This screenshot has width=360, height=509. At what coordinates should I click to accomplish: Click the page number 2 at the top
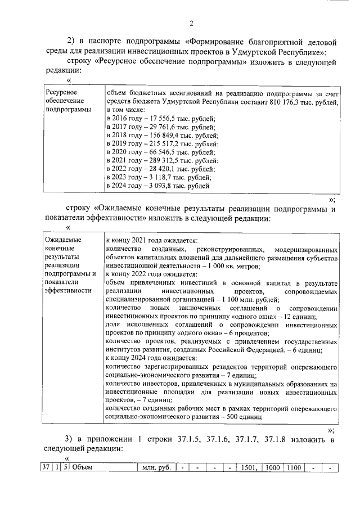[x=191, y=23]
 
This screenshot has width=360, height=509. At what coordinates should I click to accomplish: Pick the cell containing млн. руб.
[x=156, y=467]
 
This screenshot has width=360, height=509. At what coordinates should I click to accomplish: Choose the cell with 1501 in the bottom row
[x=249, y=467]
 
